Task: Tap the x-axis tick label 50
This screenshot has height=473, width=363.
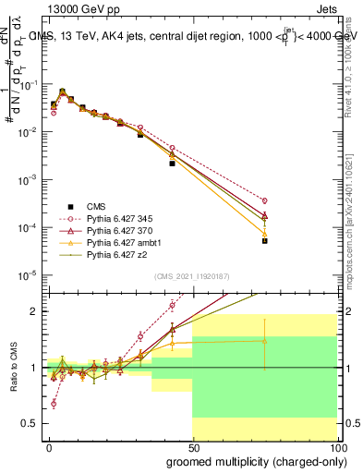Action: point(193,445)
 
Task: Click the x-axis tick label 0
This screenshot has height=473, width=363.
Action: point(49,445)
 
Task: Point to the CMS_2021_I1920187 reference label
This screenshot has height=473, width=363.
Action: point(191,276)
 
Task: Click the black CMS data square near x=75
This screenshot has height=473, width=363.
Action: point(264,240)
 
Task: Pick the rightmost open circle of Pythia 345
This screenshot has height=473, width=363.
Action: point(264,200)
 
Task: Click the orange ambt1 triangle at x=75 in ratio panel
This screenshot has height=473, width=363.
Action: point(264,341)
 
